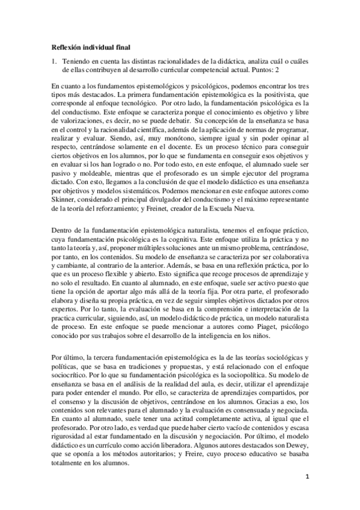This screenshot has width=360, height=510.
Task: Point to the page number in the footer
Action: click(307, 494)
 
